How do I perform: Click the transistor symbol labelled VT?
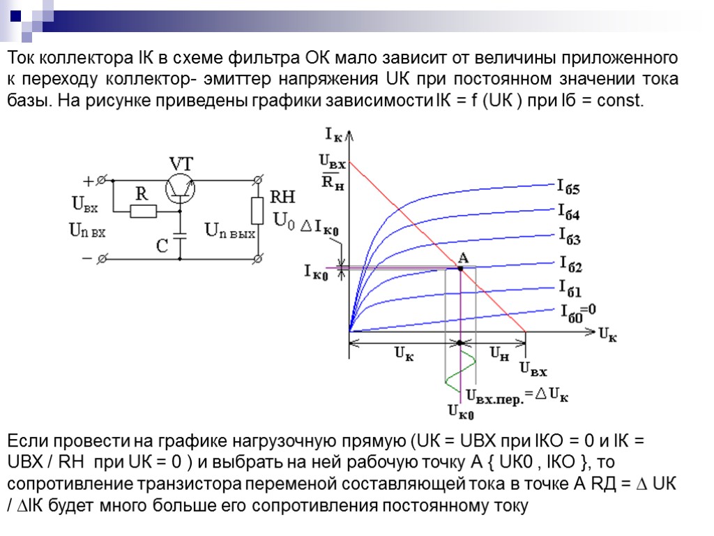(181, 189)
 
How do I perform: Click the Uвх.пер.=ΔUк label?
(517, 396)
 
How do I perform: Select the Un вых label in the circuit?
(229, 230)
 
